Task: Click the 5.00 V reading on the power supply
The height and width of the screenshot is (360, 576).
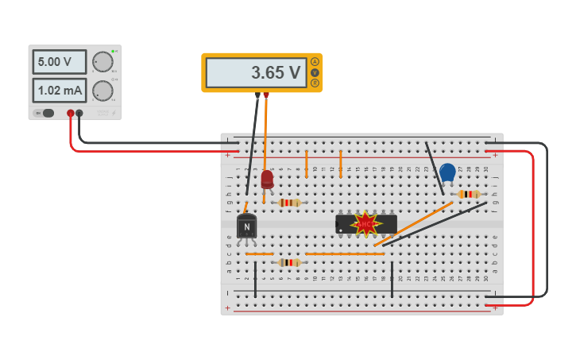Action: click(x=59, y=61)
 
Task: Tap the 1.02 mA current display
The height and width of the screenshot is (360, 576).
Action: click(x=59, y=90)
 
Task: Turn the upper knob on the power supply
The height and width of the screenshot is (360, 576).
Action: click(x=102, y=62)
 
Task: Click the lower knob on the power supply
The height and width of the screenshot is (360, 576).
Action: click(x=102, y=91)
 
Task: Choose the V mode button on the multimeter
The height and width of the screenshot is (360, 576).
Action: click(x=315, y=72)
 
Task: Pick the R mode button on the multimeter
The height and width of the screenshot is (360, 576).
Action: click(x=315, y=83)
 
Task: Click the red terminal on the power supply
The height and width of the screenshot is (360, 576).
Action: click(x=71, y=114)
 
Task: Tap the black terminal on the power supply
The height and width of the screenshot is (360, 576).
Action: click(x=79, y=114)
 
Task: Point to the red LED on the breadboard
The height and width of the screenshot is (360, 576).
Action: click(x=267, y=180)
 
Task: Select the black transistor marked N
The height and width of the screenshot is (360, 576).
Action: click(x=246, y=227)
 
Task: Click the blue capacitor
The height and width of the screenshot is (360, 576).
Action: click(x=447, y=172)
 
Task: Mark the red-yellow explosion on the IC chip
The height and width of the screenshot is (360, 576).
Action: click(x=365, y=224)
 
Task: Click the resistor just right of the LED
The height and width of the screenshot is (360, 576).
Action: click(x=290, y=203)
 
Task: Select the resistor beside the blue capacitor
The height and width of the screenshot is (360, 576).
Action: click(x=469, y=194)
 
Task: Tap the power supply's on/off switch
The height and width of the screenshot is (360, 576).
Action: click(x=48, y=113)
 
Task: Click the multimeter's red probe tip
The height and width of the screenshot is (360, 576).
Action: click(x=266, y=95)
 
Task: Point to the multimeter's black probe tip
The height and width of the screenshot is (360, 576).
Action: click(x=257, y=95)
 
